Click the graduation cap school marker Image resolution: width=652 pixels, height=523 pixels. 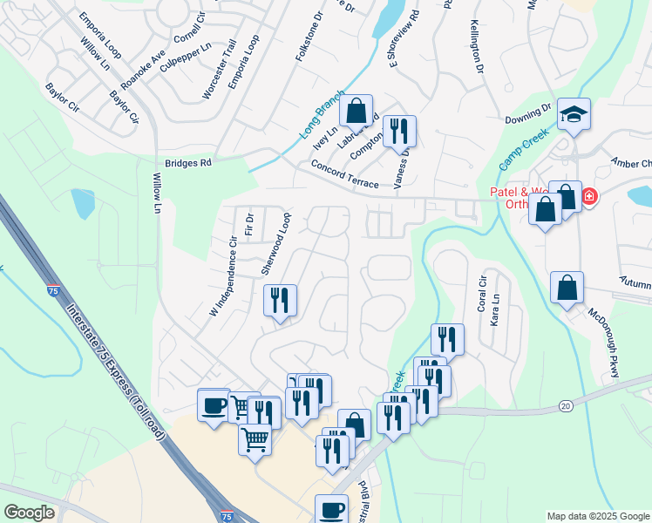click(x=574, y=114)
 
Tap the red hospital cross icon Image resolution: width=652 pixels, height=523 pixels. click(x=590, y=197)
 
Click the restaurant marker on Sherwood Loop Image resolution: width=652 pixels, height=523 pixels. click(x=281, y=302)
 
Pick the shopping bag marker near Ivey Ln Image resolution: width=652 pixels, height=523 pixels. click(x=356, y=112)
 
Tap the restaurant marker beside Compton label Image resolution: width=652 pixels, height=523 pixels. click(x=399, y=132)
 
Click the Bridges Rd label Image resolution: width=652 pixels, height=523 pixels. click(x=188, y=163)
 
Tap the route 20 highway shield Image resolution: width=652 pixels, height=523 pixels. click(x=566, y=405)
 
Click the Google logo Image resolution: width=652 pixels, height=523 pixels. click(x=30, y=513)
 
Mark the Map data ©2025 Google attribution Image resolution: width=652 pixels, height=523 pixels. click(x=598, y=516)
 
